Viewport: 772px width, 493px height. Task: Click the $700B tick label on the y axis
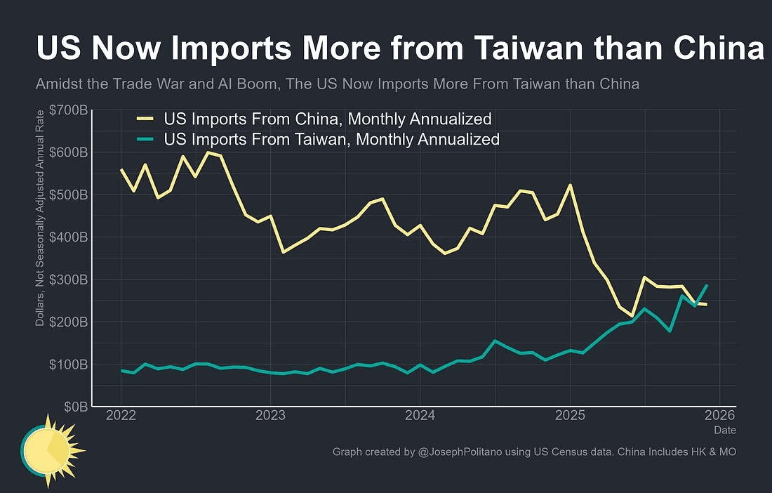pyautogui.click(x=67, y=110)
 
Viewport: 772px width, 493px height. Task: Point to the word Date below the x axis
pyautogui.click(x=725, y=430)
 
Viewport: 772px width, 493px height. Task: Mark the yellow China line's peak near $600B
pyautogui.click(x=208, y=152)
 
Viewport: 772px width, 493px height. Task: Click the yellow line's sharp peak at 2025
pyautogui.click(x=569, y=185)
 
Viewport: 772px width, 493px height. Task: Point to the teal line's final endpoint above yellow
pyautogui.click(x=706, y=285)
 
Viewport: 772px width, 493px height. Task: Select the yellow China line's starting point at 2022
pyautogui.click(x=121, y=169)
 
